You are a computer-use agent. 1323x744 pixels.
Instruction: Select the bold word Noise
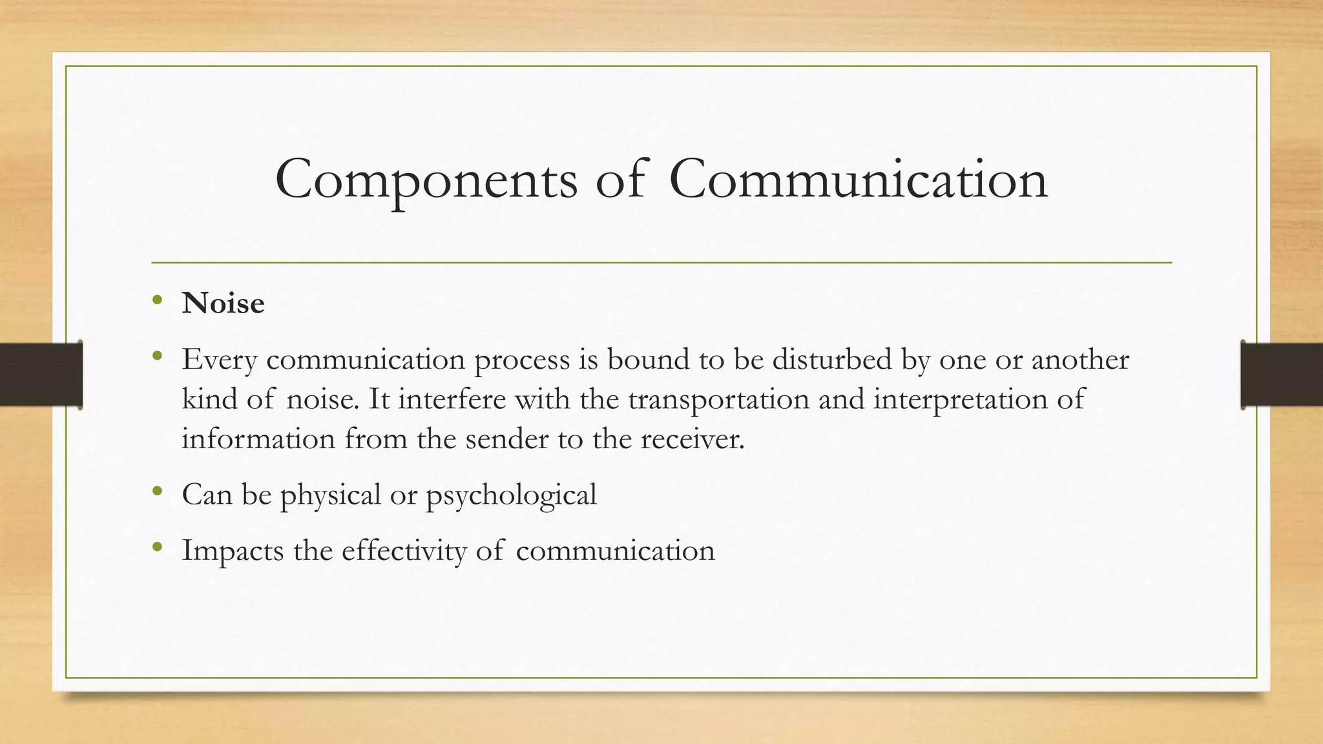[223, 304]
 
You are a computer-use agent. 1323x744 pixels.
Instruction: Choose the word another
[1080, 359]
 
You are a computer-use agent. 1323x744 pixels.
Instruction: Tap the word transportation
[718, 399]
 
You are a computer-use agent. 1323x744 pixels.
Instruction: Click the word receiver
[693, 439]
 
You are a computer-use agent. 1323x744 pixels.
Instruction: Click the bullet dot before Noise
[157, 300]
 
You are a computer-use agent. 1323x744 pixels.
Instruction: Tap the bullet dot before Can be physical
[157, 491]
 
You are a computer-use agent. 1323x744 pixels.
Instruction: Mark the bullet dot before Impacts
[157, 547]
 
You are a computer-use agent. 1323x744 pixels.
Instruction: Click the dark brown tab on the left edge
[41, 375]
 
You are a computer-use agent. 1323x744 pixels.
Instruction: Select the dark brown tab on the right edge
[1282, 375]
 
